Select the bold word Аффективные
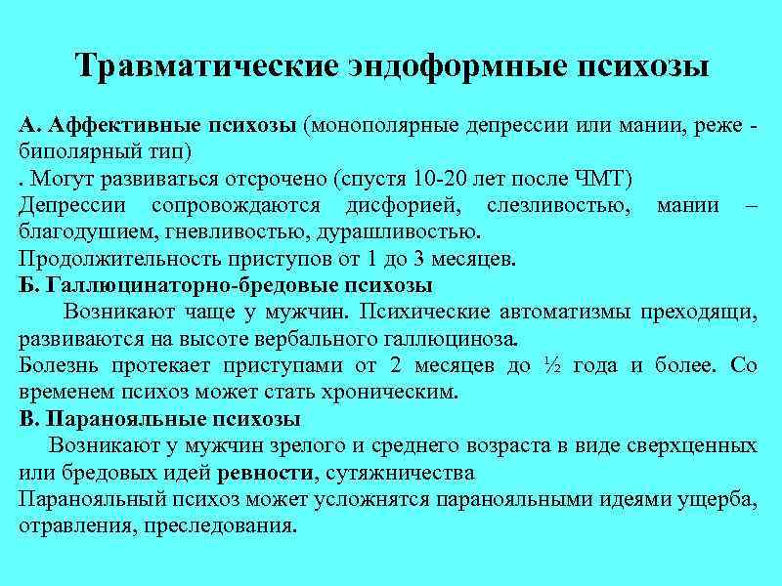[x=121, y=127]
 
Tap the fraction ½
[x=550, y=366]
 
